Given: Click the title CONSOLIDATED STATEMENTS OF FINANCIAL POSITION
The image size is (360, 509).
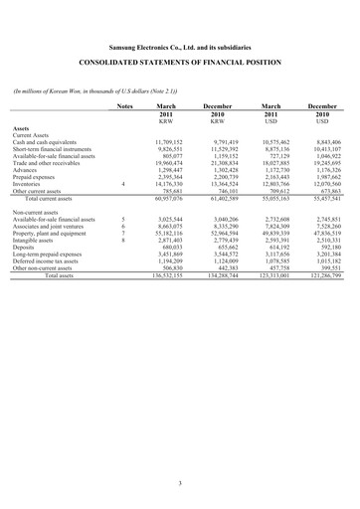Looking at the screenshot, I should [179, 61].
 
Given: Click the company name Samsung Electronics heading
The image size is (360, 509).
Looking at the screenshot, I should [179, 44].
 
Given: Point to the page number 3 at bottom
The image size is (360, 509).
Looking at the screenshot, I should [179, 483].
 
